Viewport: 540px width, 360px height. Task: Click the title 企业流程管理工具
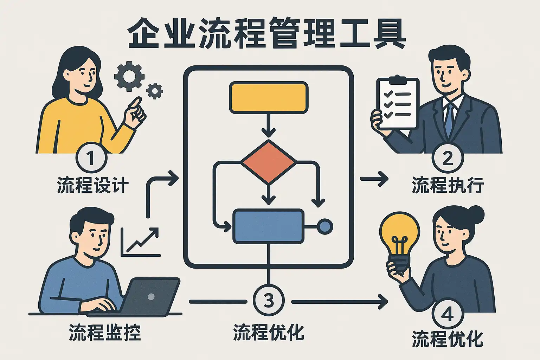pos(266,33)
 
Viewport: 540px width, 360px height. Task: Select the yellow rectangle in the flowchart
pos(269,97)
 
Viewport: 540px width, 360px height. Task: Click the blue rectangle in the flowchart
pos(268,226)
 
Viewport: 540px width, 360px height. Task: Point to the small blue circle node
pos(325,226)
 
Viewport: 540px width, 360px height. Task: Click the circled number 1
pos(91,158)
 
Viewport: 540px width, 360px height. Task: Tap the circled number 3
pos(269,301)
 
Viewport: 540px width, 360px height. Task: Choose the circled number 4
pos(448,314)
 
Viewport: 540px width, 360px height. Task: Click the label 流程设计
pos(93,185)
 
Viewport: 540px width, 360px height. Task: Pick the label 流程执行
pos(448,185)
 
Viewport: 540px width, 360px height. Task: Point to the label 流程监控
pos(105,332)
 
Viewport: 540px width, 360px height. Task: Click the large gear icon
pos(129,76)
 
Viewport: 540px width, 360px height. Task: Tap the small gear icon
pos(155,91)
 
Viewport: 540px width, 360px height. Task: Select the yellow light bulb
pos(399,242)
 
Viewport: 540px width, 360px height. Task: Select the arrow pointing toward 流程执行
pos(374,179)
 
